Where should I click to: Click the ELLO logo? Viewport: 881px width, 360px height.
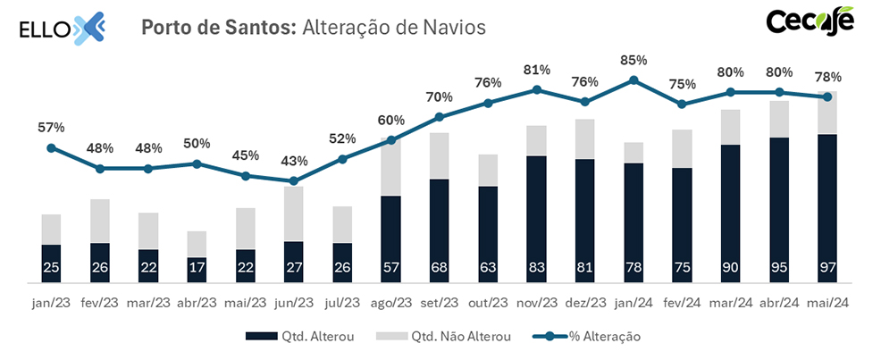point(63,28)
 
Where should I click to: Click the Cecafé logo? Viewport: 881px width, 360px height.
point(810,22)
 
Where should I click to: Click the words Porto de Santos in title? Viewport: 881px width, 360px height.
point(218,28)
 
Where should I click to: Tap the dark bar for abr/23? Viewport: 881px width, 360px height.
point(197,270)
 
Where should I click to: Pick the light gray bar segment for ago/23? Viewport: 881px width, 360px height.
point(390,168)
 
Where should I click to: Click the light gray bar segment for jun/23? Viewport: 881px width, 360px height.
point(294,213)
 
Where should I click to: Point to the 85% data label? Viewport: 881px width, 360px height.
point(633,61)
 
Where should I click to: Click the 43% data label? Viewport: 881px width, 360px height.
point(294,162)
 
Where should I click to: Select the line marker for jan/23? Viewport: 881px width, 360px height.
point(51,148)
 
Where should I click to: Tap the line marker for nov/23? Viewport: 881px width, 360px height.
point(536,89)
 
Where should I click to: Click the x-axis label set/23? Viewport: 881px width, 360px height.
point(439,304)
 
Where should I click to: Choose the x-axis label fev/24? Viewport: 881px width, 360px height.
point(682,304)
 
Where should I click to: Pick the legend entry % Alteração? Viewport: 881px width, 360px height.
point(587,337)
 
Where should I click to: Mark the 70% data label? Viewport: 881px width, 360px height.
point(439,96)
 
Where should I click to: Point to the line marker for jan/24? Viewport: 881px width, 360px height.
point(633,80)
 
